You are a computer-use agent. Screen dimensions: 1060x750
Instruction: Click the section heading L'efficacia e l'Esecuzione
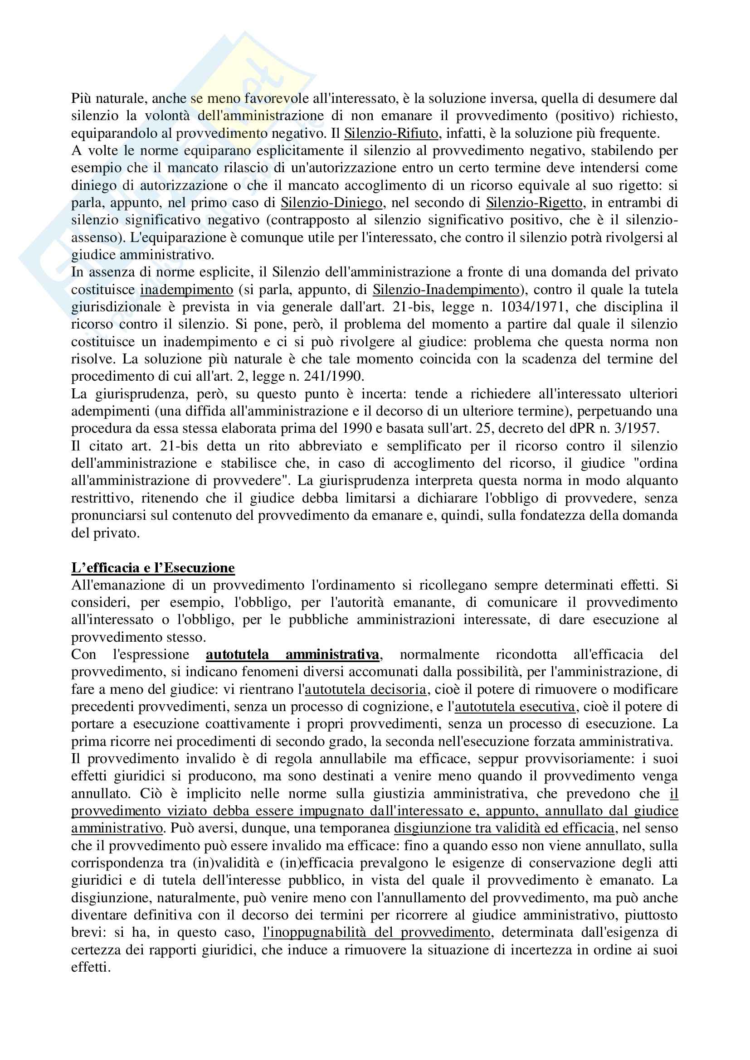(153, 567)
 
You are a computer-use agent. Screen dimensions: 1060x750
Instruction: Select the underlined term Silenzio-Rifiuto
(391, 133)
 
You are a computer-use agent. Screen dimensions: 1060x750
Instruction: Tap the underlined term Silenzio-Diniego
(331, 203)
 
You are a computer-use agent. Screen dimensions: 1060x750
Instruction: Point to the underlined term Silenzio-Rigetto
(534, 203)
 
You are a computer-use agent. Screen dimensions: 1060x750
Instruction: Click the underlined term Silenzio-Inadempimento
(446, 290)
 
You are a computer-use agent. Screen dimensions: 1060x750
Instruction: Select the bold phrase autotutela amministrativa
(292, 654)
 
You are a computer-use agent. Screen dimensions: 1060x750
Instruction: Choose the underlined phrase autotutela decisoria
(365, 689)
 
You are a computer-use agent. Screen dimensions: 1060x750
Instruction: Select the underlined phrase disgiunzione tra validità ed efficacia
(504, 828)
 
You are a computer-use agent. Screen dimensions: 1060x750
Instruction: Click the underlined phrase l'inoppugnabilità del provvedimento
(376, 933)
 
